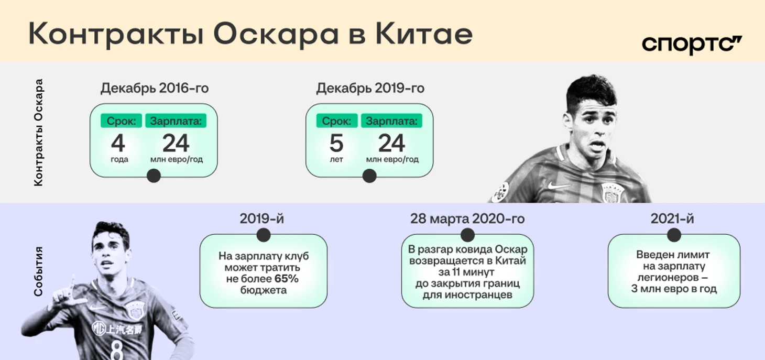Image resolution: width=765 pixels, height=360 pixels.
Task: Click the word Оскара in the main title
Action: pyautogui.click(x=276, y=35)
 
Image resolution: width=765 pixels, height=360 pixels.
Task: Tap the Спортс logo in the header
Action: pyautogui.click(x=692, y=45)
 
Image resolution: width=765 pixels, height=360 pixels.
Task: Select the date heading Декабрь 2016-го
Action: pyautogui.click(x=155, y=88)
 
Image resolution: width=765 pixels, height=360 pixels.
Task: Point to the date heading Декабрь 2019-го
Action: pyautogui.click(x=370, y=88)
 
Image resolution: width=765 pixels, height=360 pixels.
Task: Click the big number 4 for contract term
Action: pyautogui.click(x=118, y=143)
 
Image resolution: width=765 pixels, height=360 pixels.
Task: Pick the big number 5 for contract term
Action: pyautogui.click(x=336, y=143)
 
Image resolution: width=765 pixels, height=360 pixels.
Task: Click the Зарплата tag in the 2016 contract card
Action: pyautogui.click(x=176, y=121)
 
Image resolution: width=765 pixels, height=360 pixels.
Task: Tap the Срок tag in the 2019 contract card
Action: pyautogui.click(x=337, y=121)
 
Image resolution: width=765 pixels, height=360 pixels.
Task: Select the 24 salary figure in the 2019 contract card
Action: pyautogui.click(x=392, y=143)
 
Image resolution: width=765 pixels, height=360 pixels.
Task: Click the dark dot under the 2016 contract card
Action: pyautogui.click(x=154, y=176)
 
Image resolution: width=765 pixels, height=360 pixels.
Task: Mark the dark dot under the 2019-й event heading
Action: pyautogui.click(x=264, y=235)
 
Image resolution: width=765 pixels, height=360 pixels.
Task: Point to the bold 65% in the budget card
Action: pyautogui.click(x=286, y=279)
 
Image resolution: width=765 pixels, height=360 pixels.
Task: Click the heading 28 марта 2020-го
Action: pyautogui.click(x=467, y=219)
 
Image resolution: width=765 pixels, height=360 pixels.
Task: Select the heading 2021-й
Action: pyautogui.click(x=672, y=219)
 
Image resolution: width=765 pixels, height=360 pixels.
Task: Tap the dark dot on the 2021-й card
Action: pyautogui.click(x=674, y=235)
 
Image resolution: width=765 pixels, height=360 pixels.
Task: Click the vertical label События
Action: pyautogui.click(x=38, y=271)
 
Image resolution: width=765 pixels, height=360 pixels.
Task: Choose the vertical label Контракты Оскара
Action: pyautogui.click(x=38, y=133)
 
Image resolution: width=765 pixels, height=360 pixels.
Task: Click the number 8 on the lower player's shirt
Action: pyautogui.click(x=117, y=350)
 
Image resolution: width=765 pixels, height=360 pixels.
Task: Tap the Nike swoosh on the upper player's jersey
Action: pyautogui.click(x=559, y=186)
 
